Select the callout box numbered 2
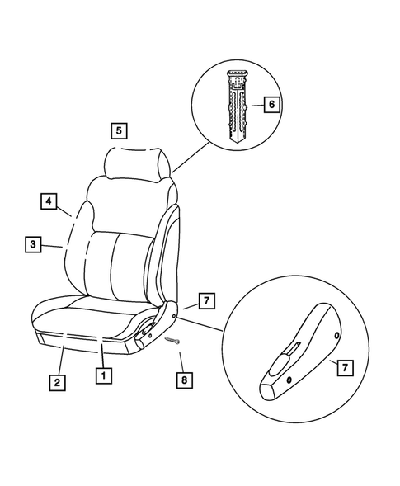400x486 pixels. [x=56, y=382]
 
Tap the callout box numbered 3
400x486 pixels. [x=32, y=244]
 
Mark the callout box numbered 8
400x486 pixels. [x=184, y=379]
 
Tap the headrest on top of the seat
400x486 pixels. [x=140, y=163]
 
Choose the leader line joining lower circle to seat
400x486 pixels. [x=203, y=322]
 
